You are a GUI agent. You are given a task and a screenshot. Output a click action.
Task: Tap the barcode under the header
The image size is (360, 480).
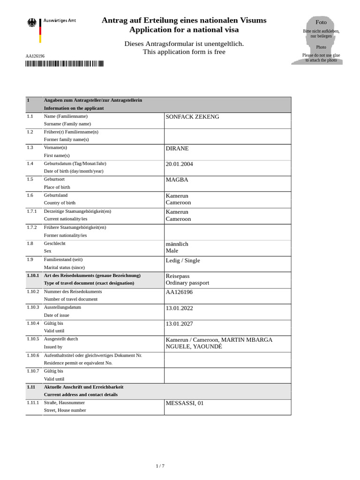[65, 64]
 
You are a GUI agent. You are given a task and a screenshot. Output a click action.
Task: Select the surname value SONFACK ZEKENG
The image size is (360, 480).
[192, 117]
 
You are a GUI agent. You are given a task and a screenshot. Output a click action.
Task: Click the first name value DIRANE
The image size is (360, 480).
[177, 149]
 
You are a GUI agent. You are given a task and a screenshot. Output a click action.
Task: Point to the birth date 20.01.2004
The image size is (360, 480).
[179, 165]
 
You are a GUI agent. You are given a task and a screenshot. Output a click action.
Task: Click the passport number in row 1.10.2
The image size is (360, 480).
[179, 292]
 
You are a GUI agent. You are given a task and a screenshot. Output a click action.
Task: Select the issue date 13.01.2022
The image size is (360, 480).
[179, 308]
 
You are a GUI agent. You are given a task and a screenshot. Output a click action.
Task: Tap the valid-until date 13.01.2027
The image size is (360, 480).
[179, 324]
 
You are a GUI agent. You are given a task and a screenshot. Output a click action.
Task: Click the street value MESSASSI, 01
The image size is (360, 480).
[185, 403]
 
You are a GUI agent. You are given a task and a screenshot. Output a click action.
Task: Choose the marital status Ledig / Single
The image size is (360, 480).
[183, 261]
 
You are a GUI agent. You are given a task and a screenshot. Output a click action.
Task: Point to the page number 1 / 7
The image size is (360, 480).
[160, 466]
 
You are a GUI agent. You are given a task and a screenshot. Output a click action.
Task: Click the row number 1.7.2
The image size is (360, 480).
[32, 228]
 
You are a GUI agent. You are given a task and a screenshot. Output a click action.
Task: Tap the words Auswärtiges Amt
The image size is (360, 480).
[60, 21]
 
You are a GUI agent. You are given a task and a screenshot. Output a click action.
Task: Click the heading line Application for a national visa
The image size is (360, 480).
[184, 30]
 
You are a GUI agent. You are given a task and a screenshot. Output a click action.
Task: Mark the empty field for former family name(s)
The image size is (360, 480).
[227, 135]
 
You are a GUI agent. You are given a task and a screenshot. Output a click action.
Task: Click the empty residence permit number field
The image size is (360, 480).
[227, 359]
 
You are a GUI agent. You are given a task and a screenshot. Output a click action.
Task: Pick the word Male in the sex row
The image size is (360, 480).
[172, 251]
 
